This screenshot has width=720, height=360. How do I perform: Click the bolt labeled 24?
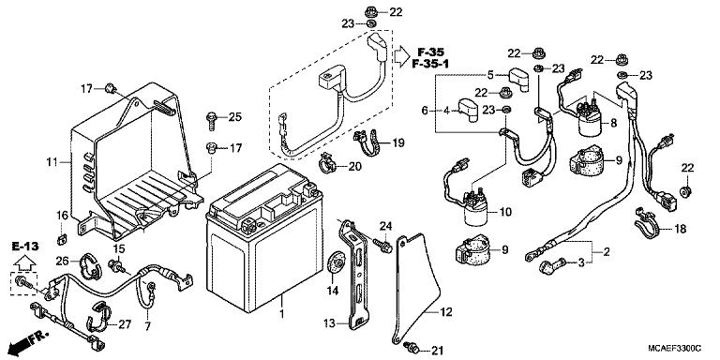[x=383, y=247]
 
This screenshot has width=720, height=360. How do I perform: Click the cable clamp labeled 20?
[x=326, y=166]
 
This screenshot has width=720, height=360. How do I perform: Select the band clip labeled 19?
[x=367, y=143]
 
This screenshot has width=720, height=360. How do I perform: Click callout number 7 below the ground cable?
[x=146, y=325]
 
